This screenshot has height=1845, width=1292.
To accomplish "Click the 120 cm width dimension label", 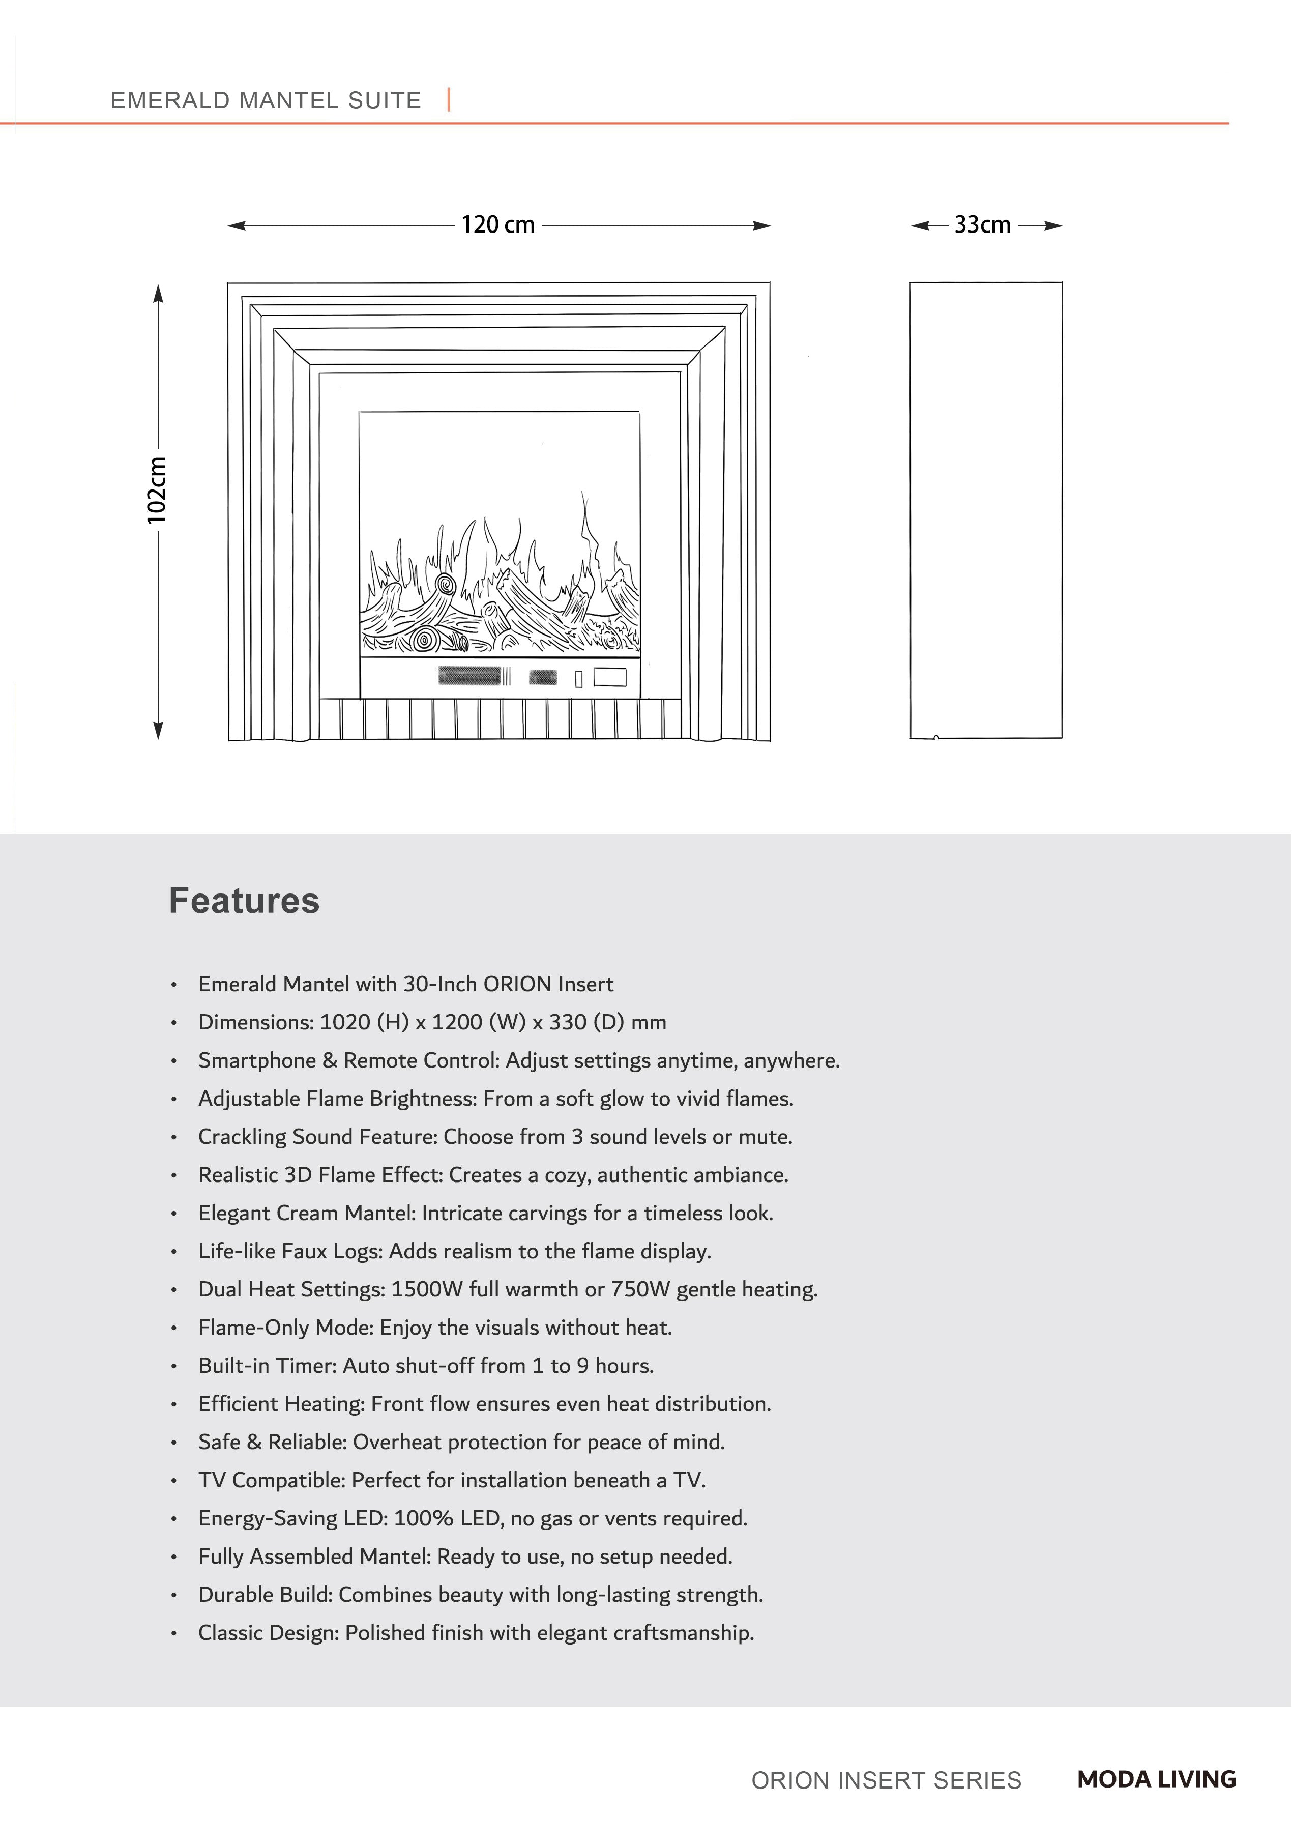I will coord(497,225).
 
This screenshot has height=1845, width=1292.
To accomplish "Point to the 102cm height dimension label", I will coord(157,490).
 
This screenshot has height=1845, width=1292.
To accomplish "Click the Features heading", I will coord(244,901).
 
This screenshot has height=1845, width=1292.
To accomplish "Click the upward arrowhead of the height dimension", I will coord(158,293).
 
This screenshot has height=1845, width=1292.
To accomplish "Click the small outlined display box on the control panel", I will coord(610,677).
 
